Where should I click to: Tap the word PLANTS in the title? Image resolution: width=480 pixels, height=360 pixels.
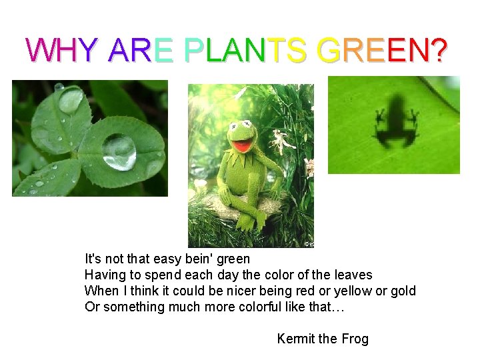click(x=245, y=50)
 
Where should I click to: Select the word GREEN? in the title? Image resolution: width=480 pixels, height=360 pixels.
click(x=382, y=50)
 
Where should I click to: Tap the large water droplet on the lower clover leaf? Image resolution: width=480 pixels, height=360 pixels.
click(x=120, y=152)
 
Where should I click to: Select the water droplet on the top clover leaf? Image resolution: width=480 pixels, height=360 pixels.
click(x=71, y=99)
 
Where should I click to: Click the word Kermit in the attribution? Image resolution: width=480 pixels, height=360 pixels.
click(x=297, y=339)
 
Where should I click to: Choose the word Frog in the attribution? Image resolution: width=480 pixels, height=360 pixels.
click(x=354, y=339)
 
